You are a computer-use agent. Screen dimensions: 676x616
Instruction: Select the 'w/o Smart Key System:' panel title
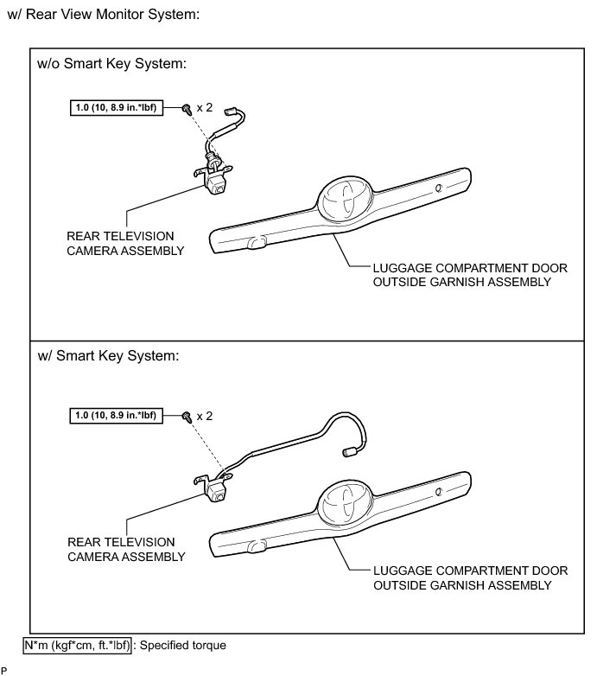point(112,65)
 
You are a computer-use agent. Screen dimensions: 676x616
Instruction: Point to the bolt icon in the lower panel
point(187,417)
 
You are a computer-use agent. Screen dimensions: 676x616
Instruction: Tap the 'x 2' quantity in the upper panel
point(204,108)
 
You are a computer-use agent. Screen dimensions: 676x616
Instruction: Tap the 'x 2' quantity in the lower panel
point(204,416)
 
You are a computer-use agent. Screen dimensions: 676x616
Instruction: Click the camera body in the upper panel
point(215,183)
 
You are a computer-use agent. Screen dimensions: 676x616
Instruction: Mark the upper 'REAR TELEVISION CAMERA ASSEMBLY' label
point(125,243)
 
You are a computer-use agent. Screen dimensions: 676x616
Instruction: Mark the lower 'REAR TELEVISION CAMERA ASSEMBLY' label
point(125,550)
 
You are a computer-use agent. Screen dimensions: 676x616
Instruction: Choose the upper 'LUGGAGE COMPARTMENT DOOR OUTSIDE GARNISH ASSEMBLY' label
point(471,275)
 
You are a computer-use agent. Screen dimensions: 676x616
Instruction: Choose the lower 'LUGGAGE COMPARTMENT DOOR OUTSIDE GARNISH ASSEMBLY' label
point(471,578)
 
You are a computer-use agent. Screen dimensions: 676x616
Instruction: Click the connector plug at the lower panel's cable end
point(352,450)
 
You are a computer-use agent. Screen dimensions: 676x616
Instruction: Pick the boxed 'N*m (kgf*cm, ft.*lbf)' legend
point(78,644)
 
